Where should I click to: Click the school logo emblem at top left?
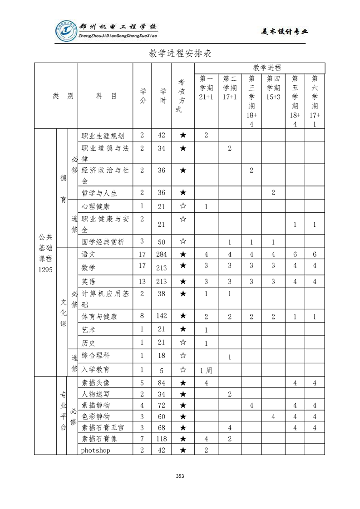click(x=66, y=31)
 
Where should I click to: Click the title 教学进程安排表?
click(x=180, y=53)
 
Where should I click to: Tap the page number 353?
click(x=180, y=476)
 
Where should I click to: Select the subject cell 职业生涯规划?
click(x=99, y=136)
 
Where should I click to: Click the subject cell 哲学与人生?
click(x=99, y=193)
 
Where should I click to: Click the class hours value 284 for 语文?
click(x=162, y=254)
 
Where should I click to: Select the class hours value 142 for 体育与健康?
click(x=162, y=316)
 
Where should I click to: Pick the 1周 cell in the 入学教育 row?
click(x=206, y=370)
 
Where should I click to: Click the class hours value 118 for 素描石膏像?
click(x=162, y=439)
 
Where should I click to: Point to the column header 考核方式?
click(x=183, y=96)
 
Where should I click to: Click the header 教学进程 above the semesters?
click(x=266, y=68)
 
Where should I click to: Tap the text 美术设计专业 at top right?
click(x=285, y=31)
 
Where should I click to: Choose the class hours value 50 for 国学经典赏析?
click(x=162, y=242)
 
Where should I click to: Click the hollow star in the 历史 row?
click(x=183, y=343)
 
